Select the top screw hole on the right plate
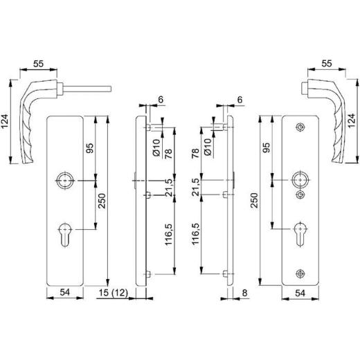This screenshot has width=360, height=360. click(x=299, y=127)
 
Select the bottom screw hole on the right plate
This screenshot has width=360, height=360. click(x=299, y=273)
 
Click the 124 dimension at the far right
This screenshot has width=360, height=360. click(x=353, y=123)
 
